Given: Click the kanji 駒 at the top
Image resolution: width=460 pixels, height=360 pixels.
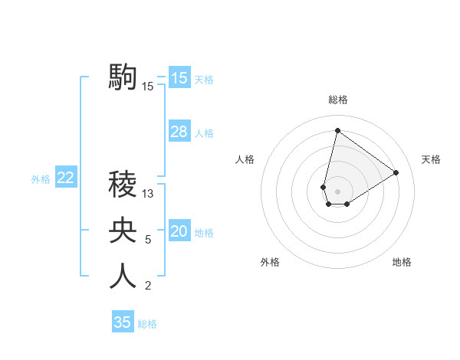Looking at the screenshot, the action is pos(123,77).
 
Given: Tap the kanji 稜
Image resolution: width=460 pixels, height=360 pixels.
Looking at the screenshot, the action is pos(123,184).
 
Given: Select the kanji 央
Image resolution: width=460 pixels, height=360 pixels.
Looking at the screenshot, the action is pos(123,231).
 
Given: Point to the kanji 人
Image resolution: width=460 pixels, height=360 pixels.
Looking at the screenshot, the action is pos(123,277).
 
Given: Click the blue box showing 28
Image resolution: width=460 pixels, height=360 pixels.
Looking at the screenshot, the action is pos(179,132).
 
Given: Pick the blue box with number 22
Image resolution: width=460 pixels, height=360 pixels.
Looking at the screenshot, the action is pos(66,178).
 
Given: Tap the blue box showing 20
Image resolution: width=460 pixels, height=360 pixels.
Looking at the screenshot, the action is pos(179,231).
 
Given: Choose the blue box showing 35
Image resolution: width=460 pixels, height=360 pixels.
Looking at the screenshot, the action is pos(123,322).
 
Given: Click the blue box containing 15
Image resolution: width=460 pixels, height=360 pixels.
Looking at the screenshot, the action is pos(179,78).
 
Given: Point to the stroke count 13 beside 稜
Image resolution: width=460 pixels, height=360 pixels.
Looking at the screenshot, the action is pos(148,194).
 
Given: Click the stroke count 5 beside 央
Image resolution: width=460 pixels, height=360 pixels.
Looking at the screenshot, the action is pos(148,240).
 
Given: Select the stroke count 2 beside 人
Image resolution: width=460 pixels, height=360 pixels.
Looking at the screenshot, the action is pos(148,286).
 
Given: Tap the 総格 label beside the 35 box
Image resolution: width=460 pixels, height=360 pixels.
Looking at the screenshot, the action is pos(147,324).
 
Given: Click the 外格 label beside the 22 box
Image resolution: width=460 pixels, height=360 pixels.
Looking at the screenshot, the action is pos(41,179).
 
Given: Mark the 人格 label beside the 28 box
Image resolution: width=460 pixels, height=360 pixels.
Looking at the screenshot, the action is pos(204,133).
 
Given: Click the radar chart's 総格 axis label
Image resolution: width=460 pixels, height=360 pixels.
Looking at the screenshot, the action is pos(337,100).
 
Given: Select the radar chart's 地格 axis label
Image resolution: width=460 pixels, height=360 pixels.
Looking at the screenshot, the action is pos(402,263).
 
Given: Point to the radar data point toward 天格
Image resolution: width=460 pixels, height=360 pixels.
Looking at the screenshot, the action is pos(396,172).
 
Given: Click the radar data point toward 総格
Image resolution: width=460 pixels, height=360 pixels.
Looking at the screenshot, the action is pos(337,130).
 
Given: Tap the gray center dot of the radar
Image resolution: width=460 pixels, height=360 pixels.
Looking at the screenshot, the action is pos(337,191).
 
